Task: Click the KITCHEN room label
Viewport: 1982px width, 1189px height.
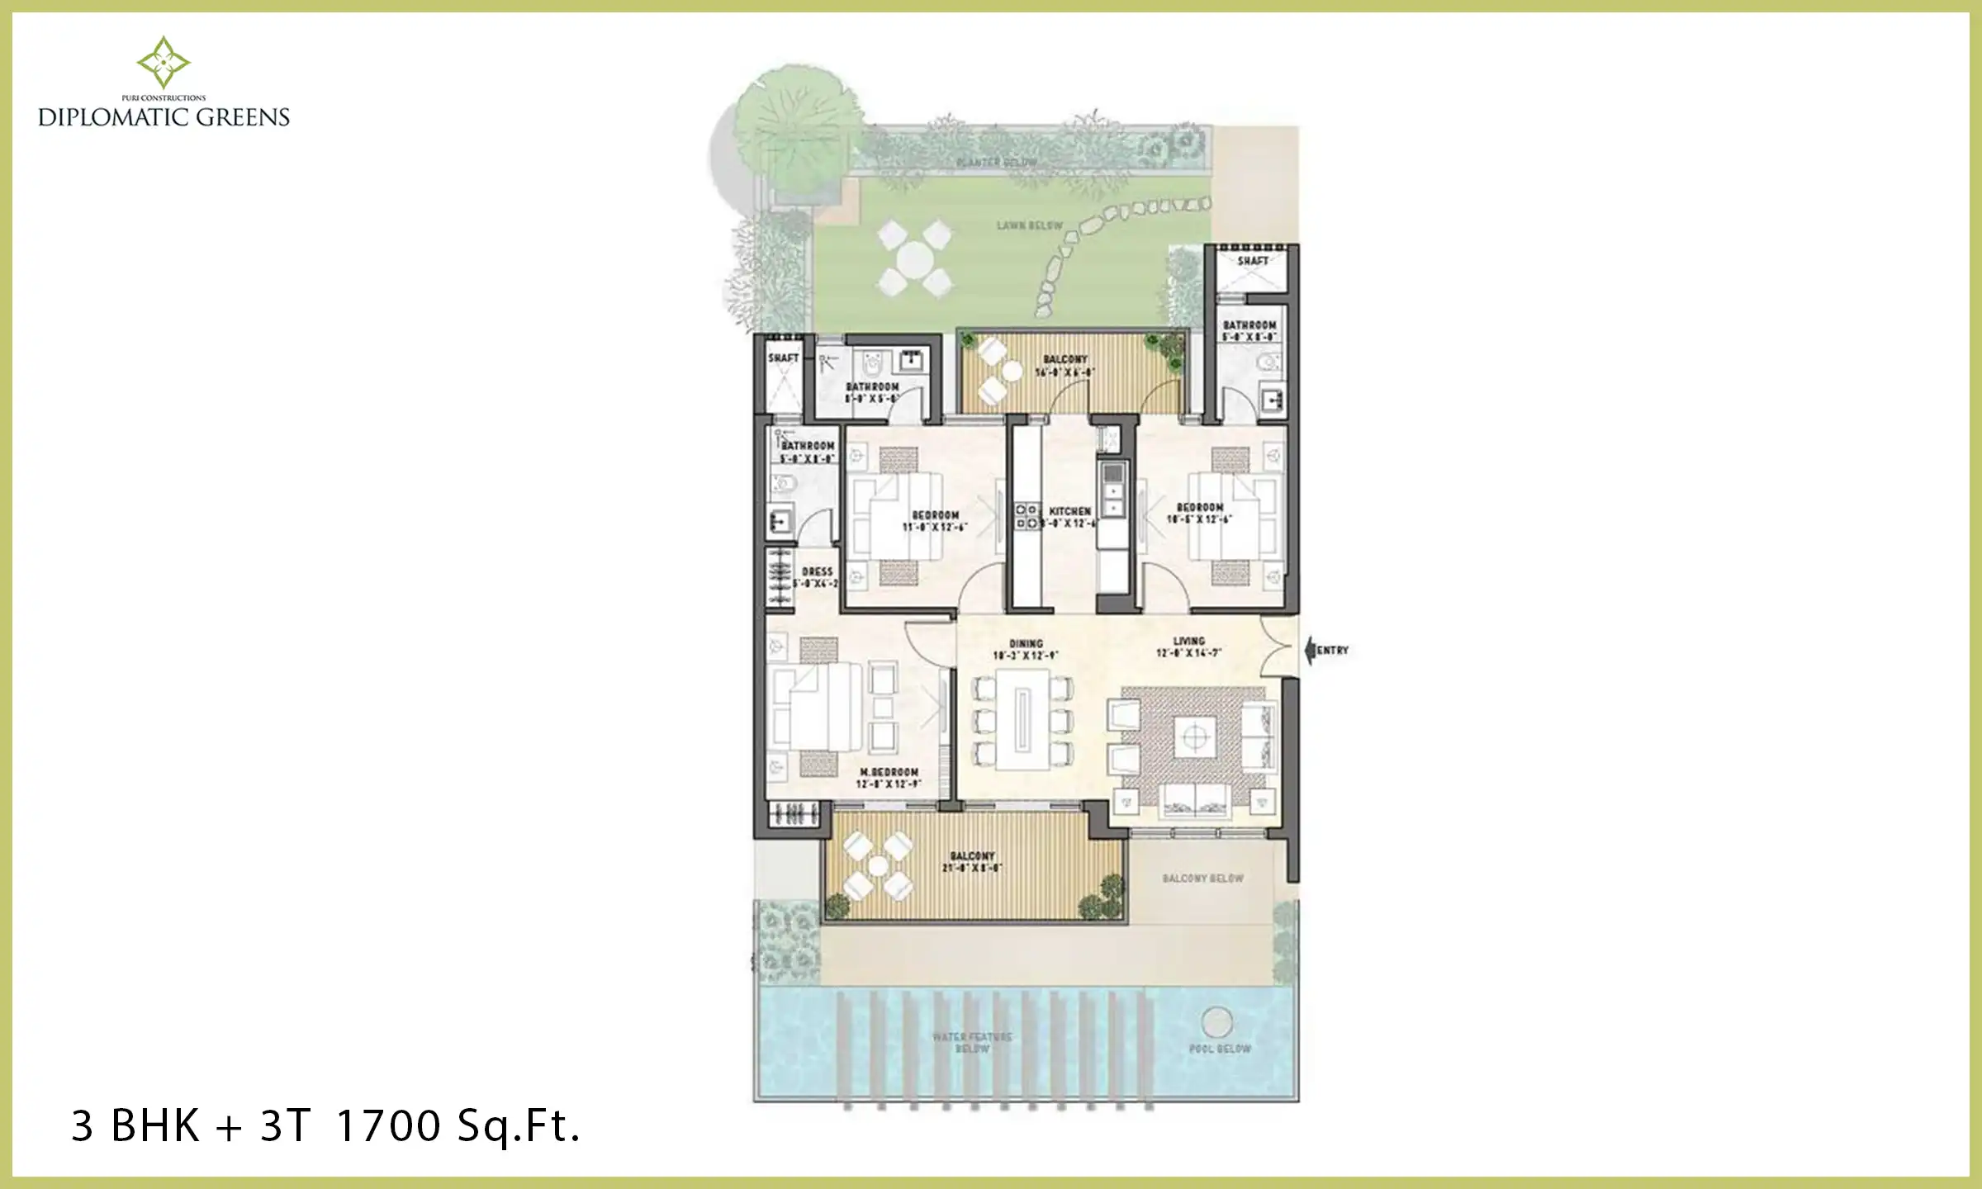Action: pyautogui.click(x=1069, y=511)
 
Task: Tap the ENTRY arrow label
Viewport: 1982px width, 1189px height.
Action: pyautogui.click(x=1331, y=651)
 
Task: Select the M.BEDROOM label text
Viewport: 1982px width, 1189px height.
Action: pyautogui.click(x=889, y=772)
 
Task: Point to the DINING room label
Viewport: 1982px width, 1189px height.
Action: pyautogui.click(x=1026, y=644)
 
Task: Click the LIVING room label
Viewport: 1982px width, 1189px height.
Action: pyautogui.click(x=1188, y=641)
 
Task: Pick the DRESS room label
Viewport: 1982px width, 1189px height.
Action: pyautogui.click(x=817, y=571)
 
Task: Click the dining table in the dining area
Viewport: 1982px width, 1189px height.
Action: pyautogui.click(x=1022, y=719)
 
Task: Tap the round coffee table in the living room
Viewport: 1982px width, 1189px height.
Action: pyautogui.click(x=1194, y=736)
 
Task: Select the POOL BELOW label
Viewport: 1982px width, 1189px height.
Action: pyautogui.click(x=1220, y=1049)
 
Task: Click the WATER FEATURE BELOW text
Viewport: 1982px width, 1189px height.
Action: pyautogui.click(x=972, y=1042)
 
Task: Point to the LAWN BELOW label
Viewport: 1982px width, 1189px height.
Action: pyautogui.click(x=1029, y=225)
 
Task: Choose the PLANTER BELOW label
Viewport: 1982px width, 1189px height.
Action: pyautogui.click(x=997, y=162)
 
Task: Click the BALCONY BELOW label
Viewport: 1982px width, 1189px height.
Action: pyautogui.click(x=1202, y=879)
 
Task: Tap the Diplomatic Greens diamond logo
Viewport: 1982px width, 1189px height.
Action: pyautogui.click(x=164, y=62)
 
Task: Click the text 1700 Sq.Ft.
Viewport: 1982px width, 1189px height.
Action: pyautogui.click(x=458, y=1125)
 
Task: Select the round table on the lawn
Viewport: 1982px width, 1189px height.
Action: pyautogui.click(x=915, y=258)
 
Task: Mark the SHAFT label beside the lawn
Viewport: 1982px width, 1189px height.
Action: pyautogui.click(x=1253, y=261)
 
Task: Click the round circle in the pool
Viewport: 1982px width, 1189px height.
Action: pyautogui.click(x=1216, y=1022)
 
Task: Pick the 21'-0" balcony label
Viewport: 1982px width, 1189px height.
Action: pyautogui.click(x=972, y=861)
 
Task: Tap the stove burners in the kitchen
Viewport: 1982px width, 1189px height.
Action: pyautogui.click(x=1027, y=516)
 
